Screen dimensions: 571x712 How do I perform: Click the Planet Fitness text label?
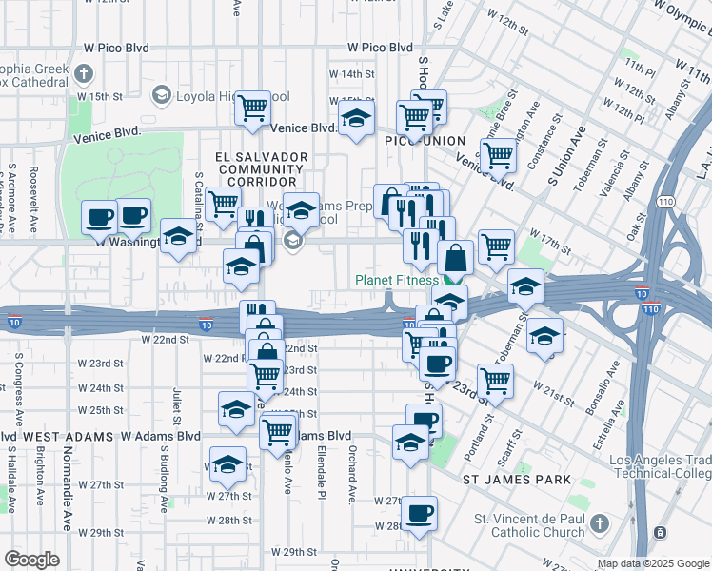tap(397, 280)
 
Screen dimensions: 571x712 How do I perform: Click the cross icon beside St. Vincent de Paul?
tap(599, 523)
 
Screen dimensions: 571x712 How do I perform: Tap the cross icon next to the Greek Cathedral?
tap(84, 73)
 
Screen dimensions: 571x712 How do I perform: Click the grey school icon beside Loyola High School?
tap(161, 95)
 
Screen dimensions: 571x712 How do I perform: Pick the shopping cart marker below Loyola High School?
tap(253, 108)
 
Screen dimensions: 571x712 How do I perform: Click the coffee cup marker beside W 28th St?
tap(419, 514)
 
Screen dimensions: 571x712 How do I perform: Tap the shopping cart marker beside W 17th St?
tap(496, 246)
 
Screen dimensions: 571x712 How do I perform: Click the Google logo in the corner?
tap(31, 560)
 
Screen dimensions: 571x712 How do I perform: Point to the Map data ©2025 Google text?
tap(653, 563)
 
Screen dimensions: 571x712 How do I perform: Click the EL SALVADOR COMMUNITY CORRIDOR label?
tap(248, 168)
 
